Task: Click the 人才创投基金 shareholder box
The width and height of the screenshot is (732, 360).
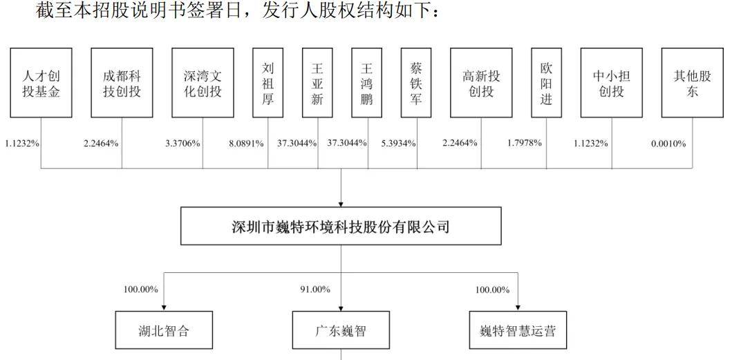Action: coord(41,83)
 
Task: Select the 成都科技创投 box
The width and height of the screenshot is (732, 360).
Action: coord(122,83)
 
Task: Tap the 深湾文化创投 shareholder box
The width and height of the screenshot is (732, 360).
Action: coord(203,83)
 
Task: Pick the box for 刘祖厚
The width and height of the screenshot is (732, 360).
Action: coord(268,83)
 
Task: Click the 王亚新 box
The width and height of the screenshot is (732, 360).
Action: coord(317,83)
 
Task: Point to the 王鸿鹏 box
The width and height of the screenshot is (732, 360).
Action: coord(367,83)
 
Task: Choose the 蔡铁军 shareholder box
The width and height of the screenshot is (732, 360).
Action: coord(416,83)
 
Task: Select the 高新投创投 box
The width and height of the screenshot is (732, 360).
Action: coord(481,83)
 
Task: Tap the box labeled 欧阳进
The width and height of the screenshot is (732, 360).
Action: coord(547,83)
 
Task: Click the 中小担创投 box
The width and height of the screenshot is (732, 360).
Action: coord(612,83)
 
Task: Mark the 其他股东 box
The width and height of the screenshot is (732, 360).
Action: coord(693,83)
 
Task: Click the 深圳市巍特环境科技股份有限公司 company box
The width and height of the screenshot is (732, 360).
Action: coord(341,226)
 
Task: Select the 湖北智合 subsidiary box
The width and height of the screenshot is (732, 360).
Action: coord(164,330)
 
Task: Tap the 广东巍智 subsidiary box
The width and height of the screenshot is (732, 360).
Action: coord(341,330)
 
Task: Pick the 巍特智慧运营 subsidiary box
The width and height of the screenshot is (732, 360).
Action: coord(518,330)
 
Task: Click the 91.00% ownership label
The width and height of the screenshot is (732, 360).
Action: coord(315,290)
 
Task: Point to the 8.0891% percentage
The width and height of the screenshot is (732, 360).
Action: coord(247,143)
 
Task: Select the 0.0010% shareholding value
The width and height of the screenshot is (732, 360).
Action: coord(668,144)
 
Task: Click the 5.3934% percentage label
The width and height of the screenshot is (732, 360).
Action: coord(398,143)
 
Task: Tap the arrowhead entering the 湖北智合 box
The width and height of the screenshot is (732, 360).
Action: coord(164,307)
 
